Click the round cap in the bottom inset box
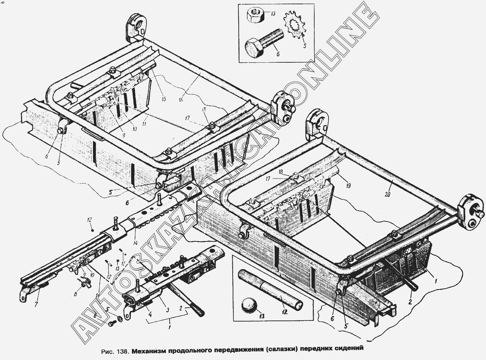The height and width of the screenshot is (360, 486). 249,304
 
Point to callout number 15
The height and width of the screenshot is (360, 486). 163,99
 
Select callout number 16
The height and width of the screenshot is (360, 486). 181,100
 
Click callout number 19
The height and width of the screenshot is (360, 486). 348,186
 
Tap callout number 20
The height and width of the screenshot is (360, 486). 387,194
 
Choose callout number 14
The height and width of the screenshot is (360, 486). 135,242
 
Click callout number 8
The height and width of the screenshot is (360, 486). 75,294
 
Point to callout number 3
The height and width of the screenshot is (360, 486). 167,310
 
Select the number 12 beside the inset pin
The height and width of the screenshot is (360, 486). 284,312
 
